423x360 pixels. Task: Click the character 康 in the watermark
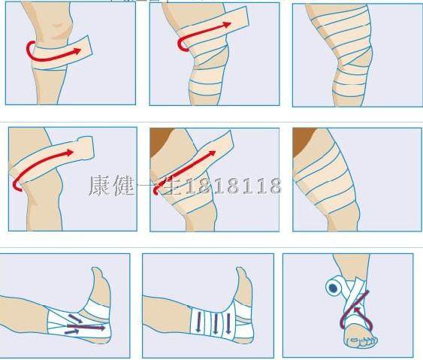click(101, 186)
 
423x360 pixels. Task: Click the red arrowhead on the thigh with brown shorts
click(213, 150)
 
